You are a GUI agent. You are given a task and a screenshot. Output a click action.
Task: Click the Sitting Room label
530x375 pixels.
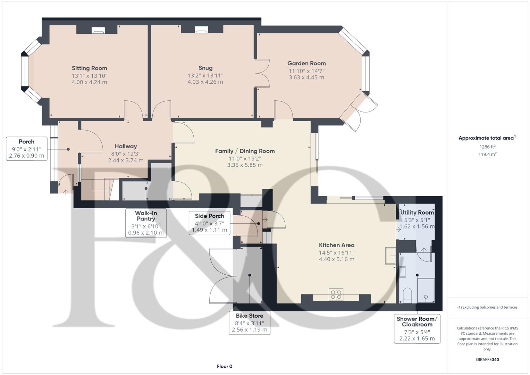(x=89, y=68)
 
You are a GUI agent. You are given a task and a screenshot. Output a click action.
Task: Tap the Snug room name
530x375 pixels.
(x=205, y=68)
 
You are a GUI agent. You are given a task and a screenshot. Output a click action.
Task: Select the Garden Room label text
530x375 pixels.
(x=306, y=63)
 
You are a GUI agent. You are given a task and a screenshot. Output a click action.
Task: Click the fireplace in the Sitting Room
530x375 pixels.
(x=98, y=31)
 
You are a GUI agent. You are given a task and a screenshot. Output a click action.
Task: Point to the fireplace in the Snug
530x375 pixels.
(x=201, y=31)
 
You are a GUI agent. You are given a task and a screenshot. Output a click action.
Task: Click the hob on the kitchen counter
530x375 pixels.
(x=336, y=294)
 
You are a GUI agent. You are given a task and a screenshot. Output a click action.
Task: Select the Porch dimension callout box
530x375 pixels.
(x=26, y=149)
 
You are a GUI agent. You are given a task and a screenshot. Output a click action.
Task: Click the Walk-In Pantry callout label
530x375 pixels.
(x=146, y=223)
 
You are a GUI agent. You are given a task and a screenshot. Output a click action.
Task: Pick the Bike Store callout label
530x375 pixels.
(x=250, y=323)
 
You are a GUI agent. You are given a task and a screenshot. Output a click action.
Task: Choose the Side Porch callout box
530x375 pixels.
(x=209, y=223)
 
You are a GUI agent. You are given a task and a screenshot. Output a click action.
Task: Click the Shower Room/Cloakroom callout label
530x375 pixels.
(x=417, y=328)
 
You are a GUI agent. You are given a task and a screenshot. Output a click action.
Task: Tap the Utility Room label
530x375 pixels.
(x=417, y=212)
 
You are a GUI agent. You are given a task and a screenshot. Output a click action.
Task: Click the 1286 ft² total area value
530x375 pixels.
(x=487, y=147)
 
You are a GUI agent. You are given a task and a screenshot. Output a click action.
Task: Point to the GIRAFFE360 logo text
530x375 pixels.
(x=487, y=359)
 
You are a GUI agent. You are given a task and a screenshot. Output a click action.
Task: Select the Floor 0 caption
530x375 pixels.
(x=225, y=366)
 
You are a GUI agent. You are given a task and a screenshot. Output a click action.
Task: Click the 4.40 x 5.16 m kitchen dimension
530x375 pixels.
(x=336, y=259)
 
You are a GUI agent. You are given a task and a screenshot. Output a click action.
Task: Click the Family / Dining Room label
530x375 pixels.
(x=245, y=151)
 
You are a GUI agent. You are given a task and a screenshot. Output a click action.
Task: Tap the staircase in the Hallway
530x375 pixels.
(x=102, y=189)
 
